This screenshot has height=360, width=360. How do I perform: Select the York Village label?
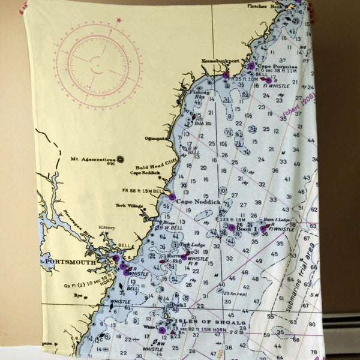129,206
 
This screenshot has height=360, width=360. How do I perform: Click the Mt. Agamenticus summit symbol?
120,159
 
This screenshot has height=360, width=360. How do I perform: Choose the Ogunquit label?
155,138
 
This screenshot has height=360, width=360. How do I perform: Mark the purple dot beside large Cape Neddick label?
172,197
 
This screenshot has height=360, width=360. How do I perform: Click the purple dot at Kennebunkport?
226,75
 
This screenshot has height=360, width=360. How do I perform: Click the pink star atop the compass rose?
118,20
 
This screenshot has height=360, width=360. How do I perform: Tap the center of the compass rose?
97,63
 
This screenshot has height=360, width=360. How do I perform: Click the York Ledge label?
193,245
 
